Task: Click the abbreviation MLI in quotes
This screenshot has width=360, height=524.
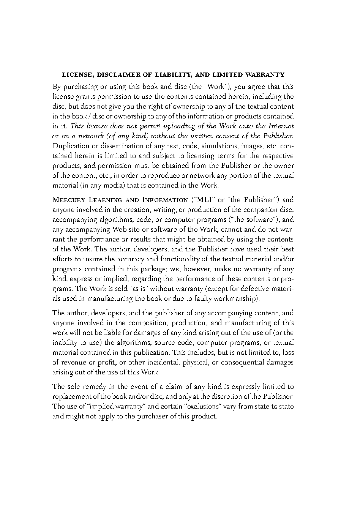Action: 203,200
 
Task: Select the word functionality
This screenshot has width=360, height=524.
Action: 181,259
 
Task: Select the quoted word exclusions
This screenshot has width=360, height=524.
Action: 201,407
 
